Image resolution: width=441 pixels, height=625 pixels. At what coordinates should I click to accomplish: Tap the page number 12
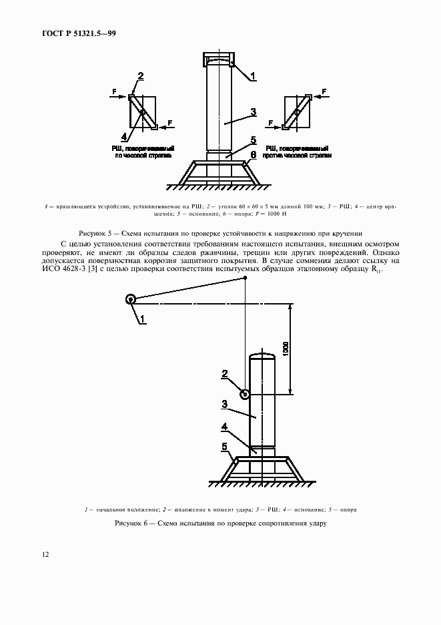(45, 554)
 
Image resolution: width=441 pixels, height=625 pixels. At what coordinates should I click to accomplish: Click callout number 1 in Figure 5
(254, 77)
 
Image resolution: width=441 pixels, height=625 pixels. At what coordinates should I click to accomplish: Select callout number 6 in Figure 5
(254, 154)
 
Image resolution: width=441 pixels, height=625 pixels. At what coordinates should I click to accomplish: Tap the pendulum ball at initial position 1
(131, 300)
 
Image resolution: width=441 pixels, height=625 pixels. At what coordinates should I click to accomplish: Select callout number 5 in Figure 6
(224, 446)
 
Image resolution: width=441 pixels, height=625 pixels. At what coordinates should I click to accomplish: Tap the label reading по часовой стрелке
(143, 154)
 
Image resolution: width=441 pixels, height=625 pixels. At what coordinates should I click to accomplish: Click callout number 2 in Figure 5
(140, 75)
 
